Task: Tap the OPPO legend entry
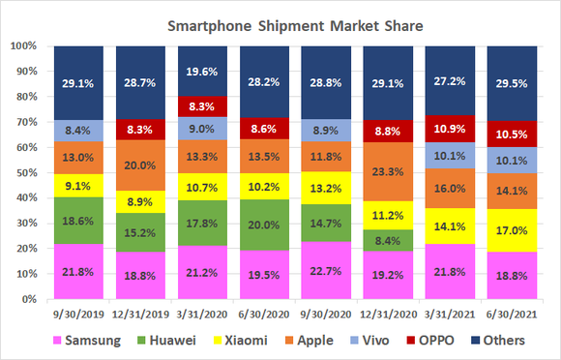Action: [x=420, y=340]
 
